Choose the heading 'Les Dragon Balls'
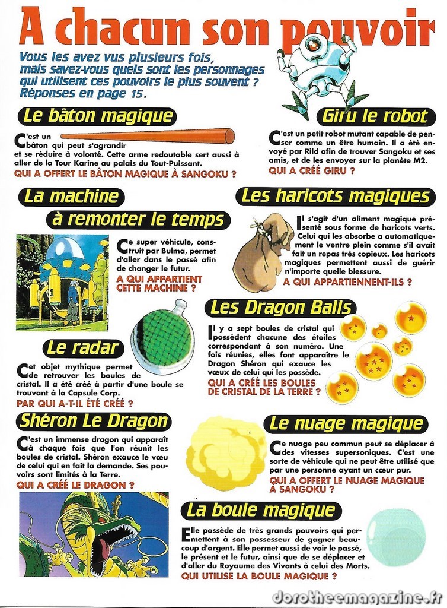coord(280,308)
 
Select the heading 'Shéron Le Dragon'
coord(94,422)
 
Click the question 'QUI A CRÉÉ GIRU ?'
coord(312,171)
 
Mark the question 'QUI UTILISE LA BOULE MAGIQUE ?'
coord(259,576)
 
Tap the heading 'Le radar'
coord(84,348)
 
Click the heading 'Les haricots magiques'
coord(336,197)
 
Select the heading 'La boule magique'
coord(261,510)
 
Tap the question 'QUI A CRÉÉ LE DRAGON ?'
coord(75,485)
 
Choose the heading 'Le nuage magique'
coord(347,424)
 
